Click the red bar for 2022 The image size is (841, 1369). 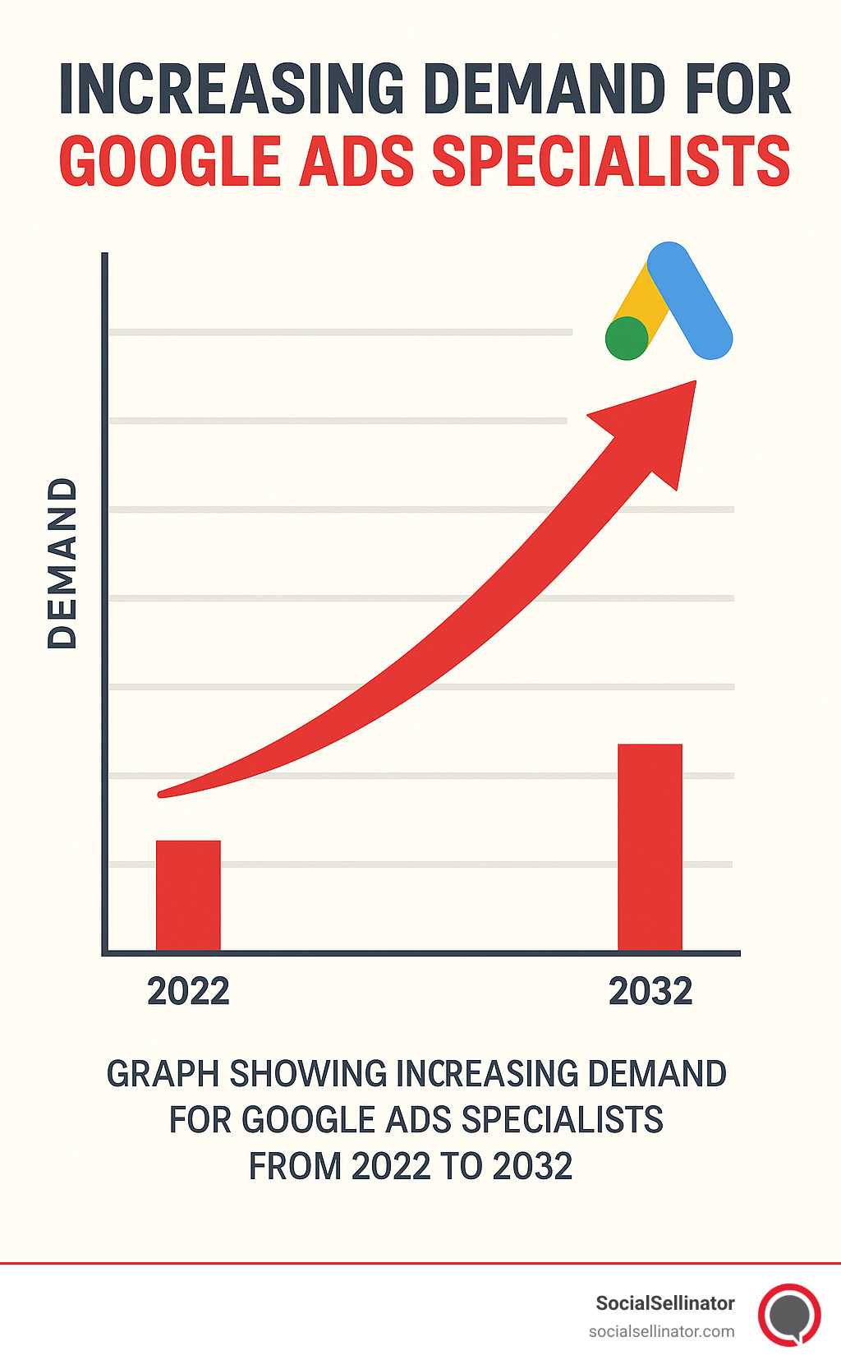coord(188,895)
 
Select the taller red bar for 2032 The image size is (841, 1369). coord(650,846)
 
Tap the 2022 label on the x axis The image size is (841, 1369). coord(188,992)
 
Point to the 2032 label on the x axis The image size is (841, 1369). coord(650,992)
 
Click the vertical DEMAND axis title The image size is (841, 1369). coord(62,563)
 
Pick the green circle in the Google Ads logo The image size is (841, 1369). coord(627,339)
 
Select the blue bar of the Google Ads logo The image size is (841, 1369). coord(690,300)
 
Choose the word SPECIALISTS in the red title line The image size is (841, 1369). coord(610,161)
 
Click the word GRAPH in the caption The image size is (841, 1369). coord(163,1074)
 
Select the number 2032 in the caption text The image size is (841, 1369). coord(532,1167)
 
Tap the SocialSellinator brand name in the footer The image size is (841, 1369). coord(664,1303)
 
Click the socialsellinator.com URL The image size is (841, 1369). coord(661,1331)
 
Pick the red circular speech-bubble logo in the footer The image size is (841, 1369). coord(789,1315)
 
